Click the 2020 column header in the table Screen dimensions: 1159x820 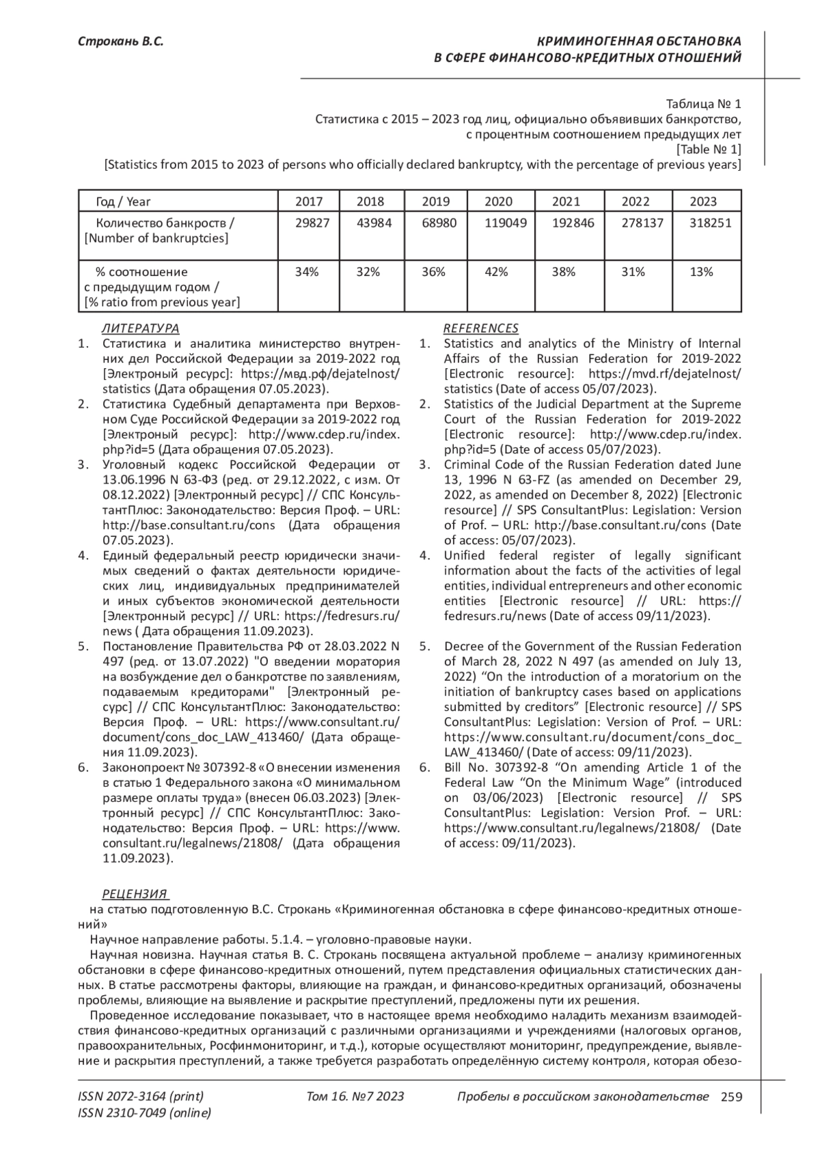(x=498, y=201)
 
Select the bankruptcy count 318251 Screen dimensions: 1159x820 (x=703, y=223)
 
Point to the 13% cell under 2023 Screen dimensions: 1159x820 (x=701, y=272)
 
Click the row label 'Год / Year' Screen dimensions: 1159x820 (x=123, y=201)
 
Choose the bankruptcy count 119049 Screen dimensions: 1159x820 (x=506, y=223)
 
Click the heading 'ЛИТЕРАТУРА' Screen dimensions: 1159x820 (x=140, y=329)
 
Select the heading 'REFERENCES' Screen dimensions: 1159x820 (x=480, y=329)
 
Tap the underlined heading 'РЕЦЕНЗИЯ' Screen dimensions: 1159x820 (x=135, y=894)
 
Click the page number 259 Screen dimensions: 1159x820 (x=731, y=1097)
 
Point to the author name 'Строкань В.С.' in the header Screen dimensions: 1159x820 (x=120, y=42)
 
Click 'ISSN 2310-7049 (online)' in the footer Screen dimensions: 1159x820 (x=144, y=1113)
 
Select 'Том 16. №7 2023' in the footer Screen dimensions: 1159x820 (x=355, y=1097)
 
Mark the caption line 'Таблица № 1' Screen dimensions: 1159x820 (x=703, y=104)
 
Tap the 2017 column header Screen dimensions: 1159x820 (x=308, y=201)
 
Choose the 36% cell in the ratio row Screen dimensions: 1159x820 (x=433, y=272)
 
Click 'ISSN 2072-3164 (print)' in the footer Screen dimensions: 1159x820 (x=141, y=1097)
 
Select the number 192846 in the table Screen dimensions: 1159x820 (x=573, y=223)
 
